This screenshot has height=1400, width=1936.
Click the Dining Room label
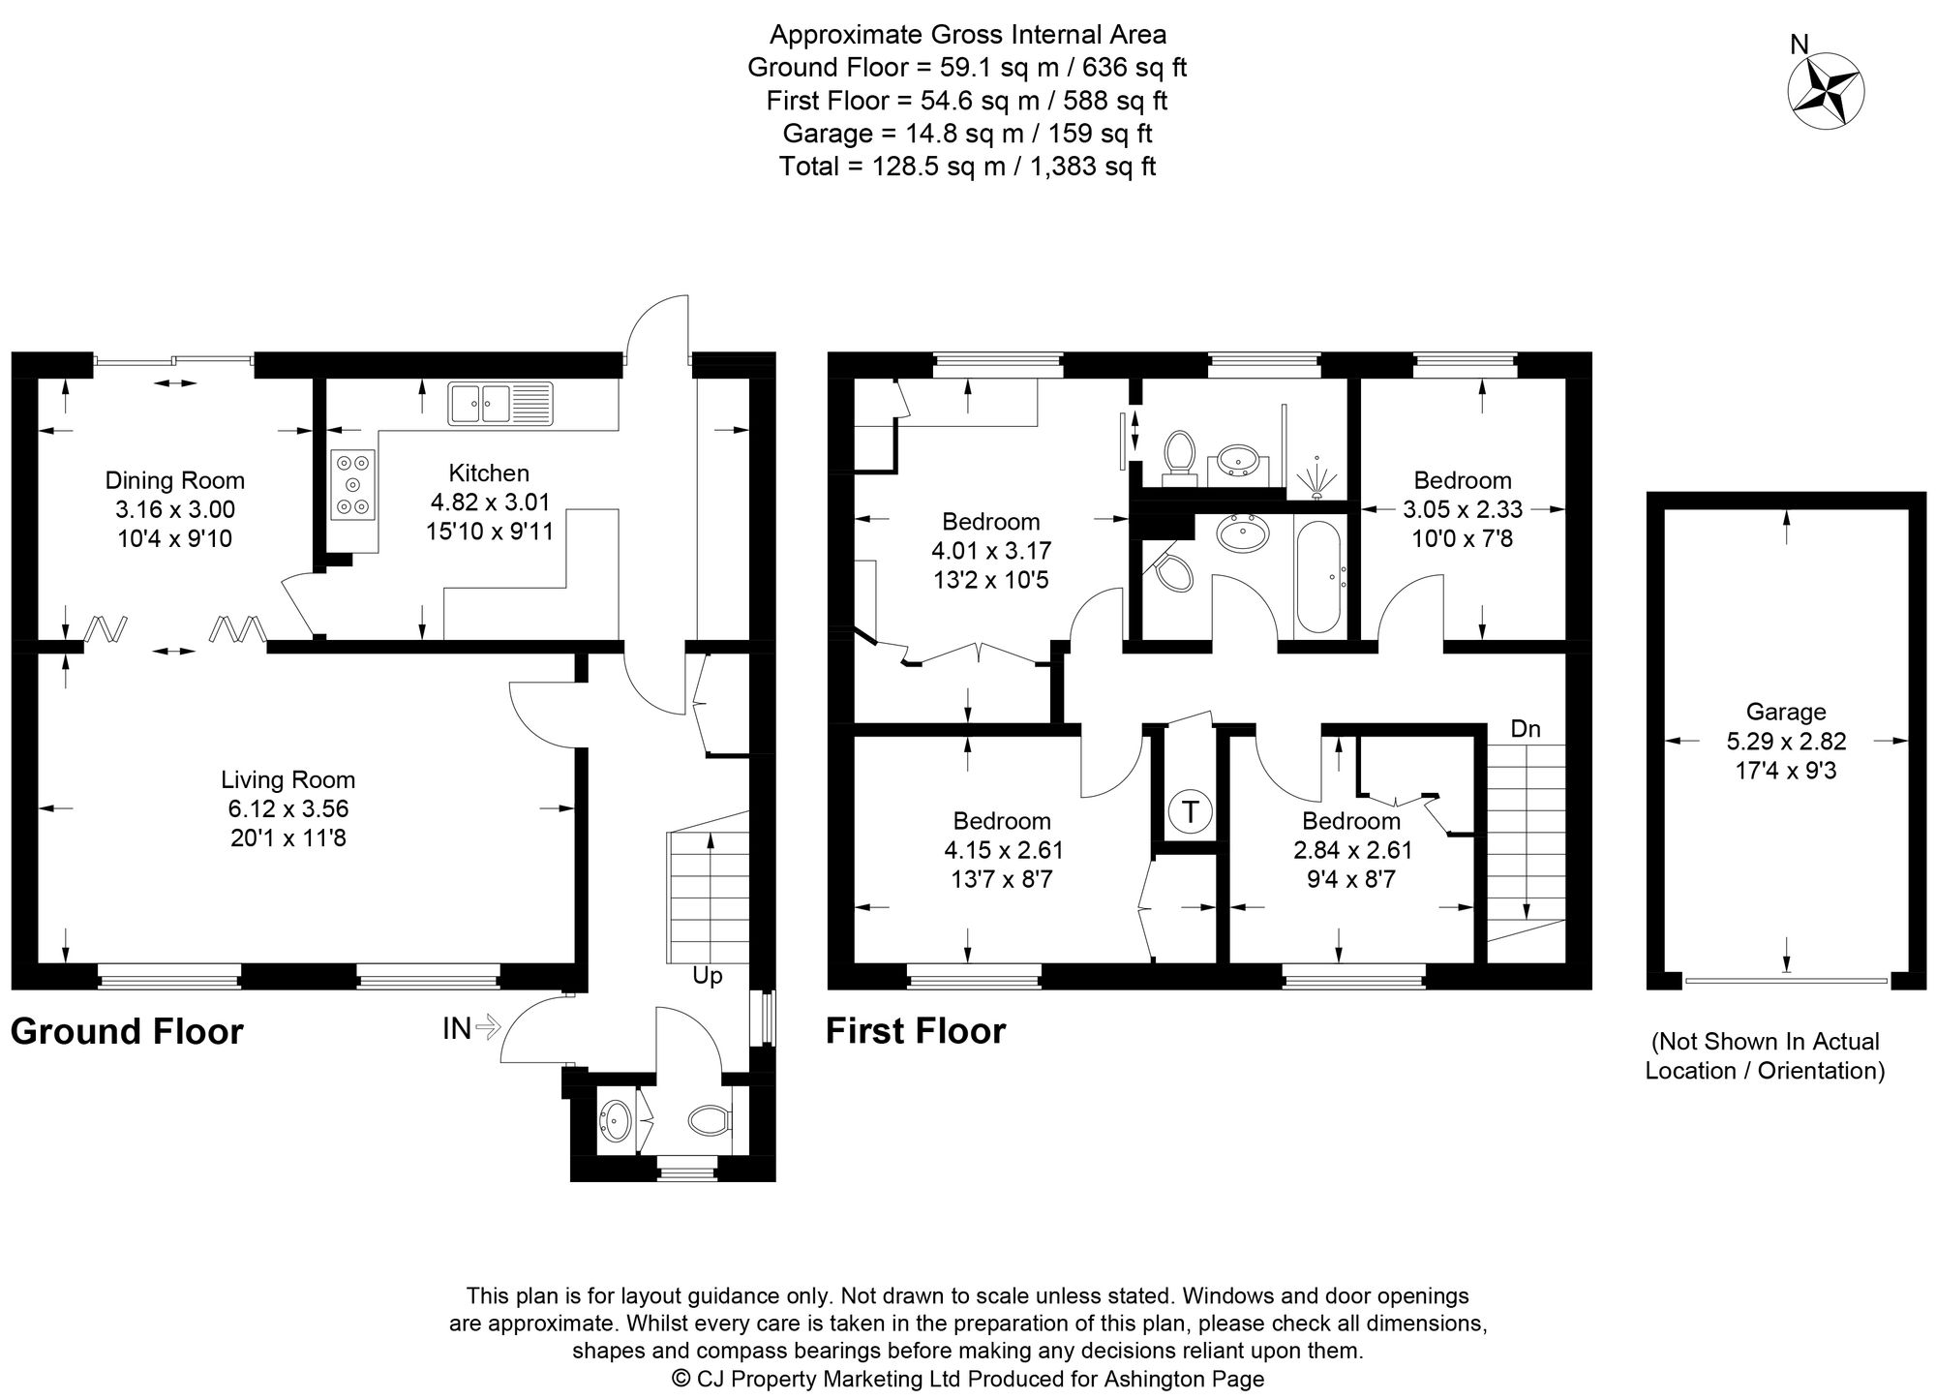coord(174,480)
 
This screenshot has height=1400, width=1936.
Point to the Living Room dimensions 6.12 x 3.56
coord(288,808)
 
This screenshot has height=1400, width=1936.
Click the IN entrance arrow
coord(487,1026)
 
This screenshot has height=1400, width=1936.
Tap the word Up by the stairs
coord(708,976)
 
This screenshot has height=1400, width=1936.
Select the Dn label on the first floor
coord(1526,729)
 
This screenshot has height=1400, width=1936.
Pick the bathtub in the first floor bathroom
coord(1317,576)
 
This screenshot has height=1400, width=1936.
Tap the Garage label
coord(1786,713)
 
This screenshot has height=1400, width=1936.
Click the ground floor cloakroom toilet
coord(709,1122)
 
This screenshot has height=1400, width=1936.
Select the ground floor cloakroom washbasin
coord(616,1122)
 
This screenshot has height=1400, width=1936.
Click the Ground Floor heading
coord(127,1032)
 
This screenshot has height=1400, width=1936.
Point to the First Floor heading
coord(916,1031)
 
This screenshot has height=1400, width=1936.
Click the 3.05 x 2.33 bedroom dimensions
coord(1463,509)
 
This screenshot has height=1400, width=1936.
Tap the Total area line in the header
coord(967,167)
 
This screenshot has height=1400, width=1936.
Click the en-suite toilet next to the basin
coord(1178,454)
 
